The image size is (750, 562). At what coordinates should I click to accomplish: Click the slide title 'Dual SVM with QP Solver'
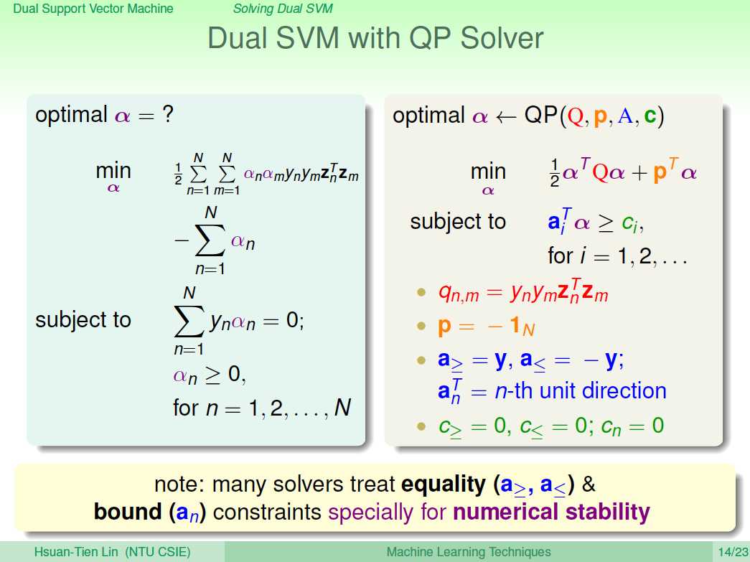coord(375,38)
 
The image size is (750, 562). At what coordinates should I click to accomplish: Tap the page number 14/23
coord(732,552)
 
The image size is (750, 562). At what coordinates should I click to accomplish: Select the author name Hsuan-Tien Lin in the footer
coord(75,552)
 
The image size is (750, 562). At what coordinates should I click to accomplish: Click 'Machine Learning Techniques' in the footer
coord(468,552)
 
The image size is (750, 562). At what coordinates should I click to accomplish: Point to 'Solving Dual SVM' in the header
coord(283,9)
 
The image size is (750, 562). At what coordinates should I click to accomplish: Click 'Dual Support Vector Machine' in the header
coord(93,9)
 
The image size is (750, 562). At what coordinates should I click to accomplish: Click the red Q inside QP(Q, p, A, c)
coord(576,116)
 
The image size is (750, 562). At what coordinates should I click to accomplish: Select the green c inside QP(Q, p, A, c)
coord(650,116)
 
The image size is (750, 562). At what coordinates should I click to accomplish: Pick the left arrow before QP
coord(506,117)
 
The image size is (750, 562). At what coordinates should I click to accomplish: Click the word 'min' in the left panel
coord(113,170)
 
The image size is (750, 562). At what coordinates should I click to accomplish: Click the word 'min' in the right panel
coord(488,172)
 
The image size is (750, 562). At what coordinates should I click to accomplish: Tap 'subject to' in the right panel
coord(458,222)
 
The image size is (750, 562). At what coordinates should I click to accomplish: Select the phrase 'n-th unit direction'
coord(580,390)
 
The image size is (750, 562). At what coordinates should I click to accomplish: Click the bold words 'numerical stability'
coord(551,512)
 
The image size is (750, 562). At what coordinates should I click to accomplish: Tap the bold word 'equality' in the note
coord(444,484)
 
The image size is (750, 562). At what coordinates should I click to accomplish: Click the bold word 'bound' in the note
coord(128,511)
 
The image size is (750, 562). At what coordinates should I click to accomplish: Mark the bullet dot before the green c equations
coord(421,426)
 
